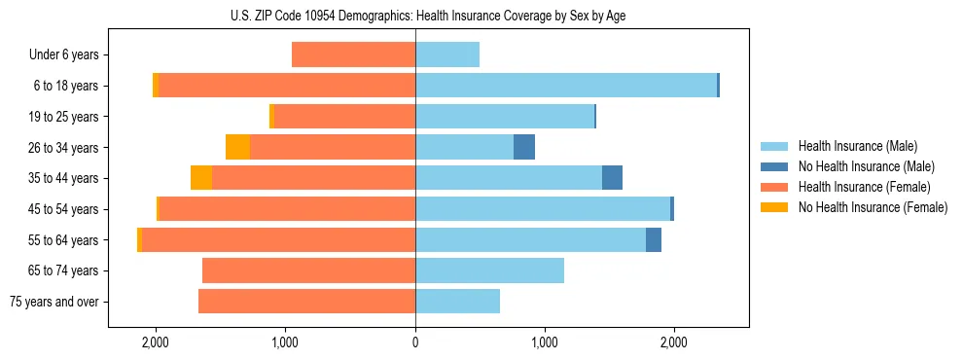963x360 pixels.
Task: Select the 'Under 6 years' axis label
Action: (x=63, y=55)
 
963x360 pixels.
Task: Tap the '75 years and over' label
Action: (x=53, y=302)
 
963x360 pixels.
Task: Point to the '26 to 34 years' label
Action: (x=63, y=148)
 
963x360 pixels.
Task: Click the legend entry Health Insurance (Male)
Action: (x=857, y=146)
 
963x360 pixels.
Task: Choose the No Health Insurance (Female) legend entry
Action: (x=872, y=207)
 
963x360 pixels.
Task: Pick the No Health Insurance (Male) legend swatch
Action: (x=774, y=166)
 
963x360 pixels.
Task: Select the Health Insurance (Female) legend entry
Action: (x=864, y=187)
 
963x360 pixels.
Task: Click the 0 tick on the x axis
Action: (x=415, y=342)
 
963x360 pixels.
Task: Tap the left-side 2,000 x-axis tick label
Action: (x=156, y=342)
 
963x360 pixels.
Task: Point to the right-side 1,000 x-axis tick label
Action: (x=545, y=342)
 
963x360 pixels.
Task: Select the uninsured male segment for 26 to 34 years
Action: (x=524, y=147)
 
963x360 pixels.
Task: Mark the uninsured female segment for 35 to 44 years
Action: (x=201, y=178)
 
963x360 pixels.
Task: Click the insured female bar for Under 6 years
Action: (x=353, y=54)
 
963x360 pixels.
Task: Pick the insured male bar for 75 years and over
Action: (x=457, y=302)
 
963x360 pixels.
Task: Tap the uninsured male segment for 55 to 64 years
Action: (x=654, y=239)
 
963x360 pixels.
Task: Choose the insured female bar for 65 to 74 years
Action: (x=308, y=270)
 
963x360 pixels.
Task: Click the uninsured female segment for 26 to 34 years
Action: (x=237, y=147)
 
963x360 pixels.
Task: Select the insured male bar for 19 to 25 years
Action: (x=504, y=117)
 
